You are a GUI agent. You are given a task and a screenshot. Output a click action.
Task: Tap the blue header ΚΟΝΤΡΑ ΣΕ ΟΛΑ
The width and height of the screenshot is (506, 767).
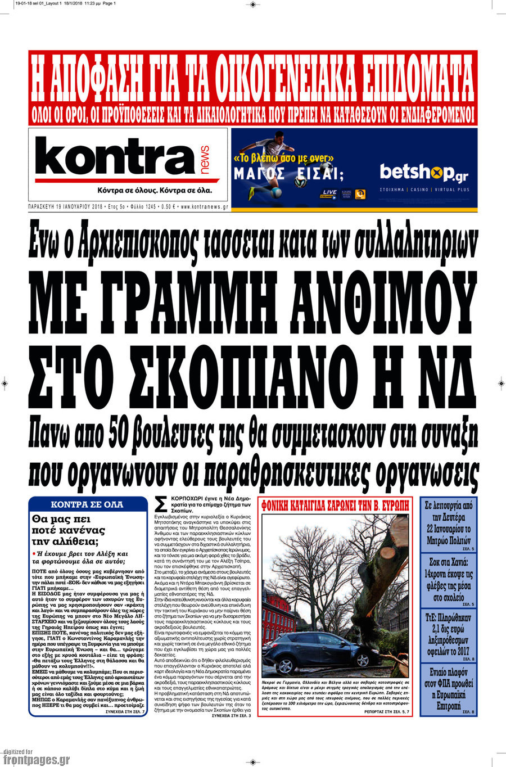tap(87, 504)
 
